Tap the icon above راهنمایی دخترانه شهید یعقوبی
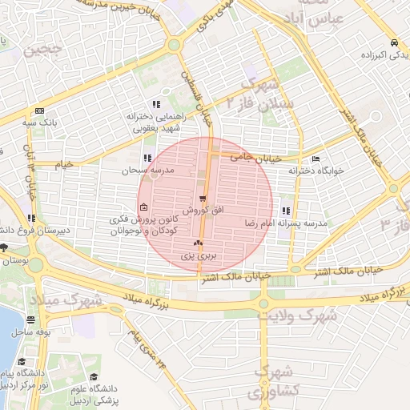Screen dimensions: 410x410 tap(155, 104)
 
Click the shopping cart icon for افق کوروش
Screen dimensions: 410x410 tap(203, 198)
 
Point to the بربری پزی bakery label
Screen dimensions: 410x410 tap(197, 255)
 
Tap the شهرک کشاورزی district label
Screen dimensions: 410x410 tap(265, 383)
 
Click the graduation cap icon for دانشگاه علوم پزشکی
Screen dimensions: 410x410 tap(94, 377)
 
